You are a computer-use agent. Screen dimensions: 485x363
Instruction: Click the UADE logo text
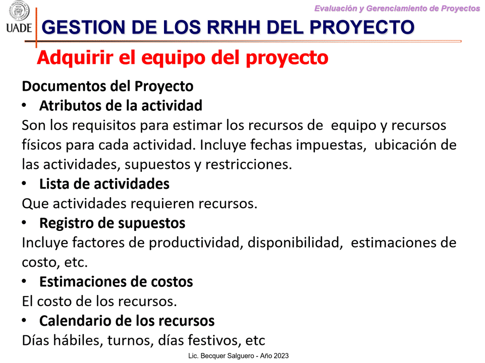tap(19, 28)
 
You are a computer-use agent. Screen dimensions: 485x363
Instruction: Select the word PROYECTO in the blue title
tap(362, 27)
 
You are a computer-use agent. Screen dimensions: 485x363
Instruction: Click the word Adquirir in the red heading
tap(75, 58)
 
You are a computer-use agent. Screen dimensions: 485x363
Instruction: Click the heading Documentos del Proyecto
tap(107, 86)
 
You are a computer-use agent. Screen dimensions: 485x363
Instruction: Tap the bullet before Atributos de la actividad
tap(24, 105)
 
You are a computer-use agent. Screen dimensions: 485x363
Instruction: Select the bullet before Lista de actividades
tap(24, 184)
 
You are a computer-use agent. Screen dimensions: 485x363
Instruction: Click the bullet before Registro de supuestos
tap(24, 223)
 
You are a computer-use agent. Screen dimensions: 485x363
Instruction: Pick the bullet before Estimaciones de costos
tap(24, 281)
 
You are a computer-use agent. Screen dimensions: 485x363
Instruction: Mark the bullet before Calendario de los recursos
tap(24, 320)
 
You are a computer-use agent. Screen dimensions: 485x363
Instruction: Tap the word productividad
tap(195, 243)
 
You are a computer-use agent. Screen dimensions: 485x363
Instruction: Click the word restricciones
tap(248, 164)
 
